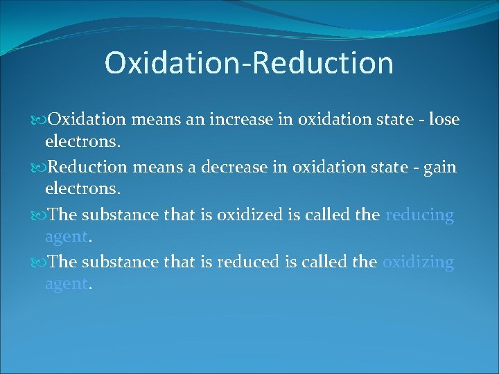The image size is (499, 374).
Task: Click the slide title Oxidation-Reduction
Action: (249, 62)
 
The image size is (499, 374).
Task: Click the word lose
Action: (444, 120)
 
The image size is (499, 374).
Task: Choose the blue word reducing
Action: (419, 215)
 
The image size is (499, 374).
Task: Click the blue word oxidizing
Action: (418, 262)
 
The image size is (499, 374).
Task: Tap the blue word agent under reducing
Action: (66, 238)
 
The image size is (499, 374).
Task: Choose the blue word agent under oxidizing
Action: (66, 285)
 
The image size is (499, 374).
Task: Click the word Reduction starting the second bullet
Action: (87, 168)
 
